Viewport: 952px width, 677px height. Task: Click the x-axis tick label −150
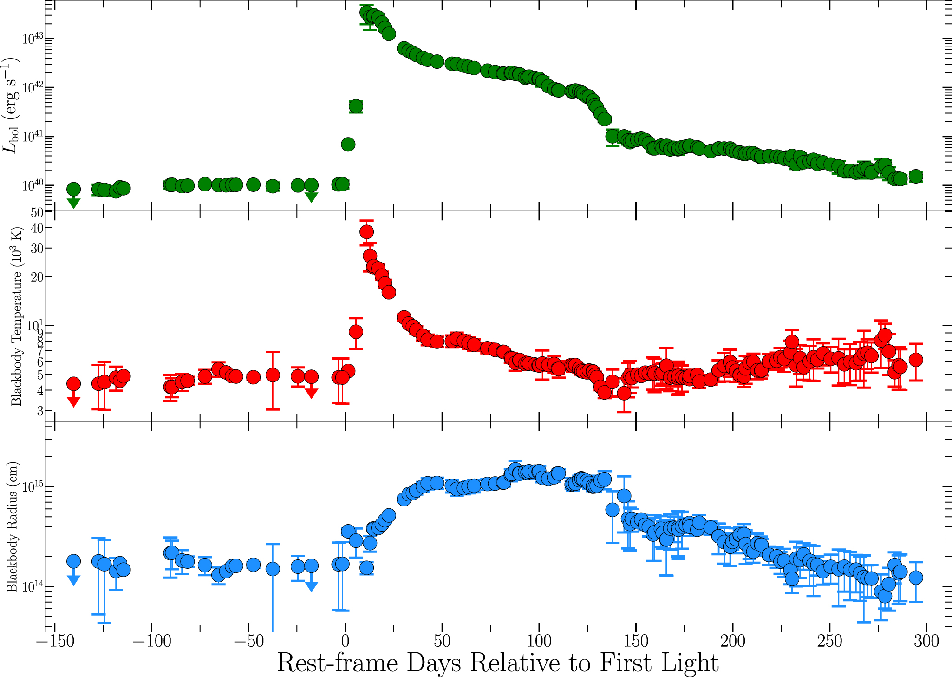[55, 642]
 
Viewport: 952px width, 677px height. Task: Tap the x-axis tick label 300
[926, 642]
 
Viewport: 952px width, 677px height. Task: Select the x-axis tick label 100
[539, 642]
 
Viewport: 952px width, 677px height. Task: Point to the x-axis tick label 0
[345, 642]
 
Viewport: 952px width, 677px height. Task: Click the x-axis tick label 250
[829, 642]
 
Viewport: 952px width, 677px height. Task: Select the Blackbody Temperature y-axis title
[16, 316]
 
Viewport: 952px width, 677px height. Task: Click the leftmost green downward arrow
[73, 203]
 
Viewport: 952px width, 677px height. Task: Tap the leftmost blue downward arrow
[73, 579]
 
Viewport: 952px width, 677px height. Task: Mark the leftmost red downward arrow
[73, 402]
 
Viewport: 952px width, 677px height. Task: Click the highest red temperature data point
[366, 231]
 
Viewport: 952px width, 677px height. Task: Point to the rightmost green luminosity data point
[915, 176]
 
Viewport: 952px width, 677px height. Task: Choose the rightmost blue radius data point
[915, 578]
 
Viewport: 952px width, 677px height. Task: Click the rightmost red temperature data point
[915, 359]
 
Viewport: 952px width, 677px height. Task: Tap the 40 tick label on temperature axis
[37, 228]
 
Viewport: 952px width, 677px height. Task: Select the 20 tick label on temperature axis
[37, 276]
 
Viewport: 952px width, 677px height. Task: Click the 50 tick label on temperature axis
[37, 213]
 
